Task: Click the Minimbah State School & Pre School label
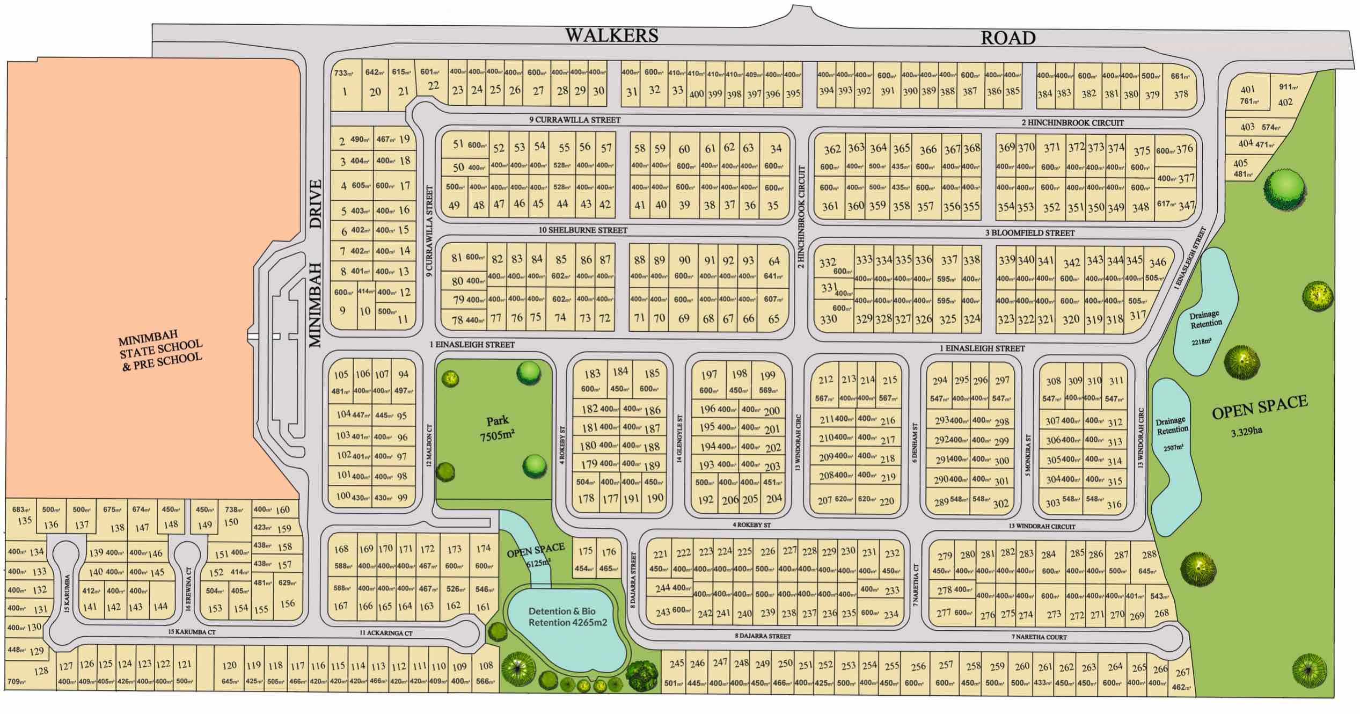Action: coord(160,351)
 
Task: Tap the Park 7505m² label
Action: coord(498,428)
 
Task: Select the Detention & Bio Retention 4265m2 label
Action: coord(567,617)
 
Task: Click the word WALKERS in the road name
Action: coord(611,35)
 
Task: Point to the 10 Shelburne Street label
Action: coord(583,230)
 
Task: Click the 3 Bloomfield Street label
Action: coord(1029,233)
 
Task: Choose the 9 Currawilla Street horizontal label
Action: coord(575,120)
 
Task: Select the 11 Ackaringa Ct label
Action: coord(386,633)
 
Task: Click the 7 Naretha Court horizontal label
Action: coord(1039,637)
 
